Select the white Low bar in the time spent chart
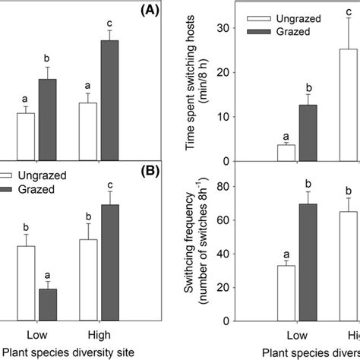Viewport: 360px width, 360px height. pyautogui.click(x=286, y=153)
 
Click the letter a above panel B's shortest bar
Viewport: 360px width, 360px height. pyautogui.click(x=48, y=275)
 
